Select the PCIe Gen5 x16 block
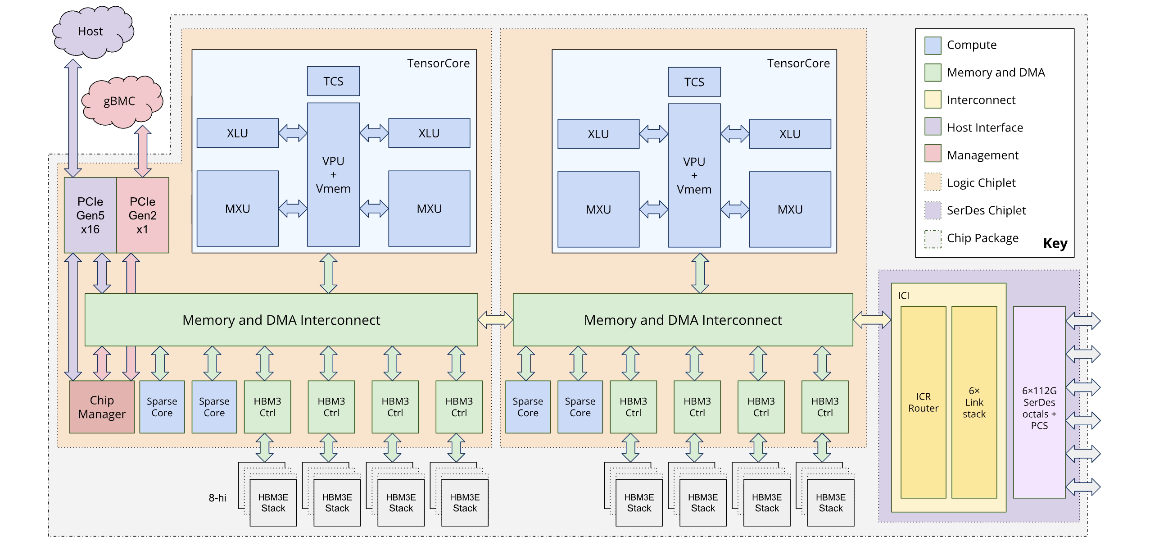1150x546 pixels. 90,215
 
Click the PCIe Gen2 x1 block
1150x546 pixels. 142,215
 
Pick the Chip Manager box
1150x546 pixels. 102,407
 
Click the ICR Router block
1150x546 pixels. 923,402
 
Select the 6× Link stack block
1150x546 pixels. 974,402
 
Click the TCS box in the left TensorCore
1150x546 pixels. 333,81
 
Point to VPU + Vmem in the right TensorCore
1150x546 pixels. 694,175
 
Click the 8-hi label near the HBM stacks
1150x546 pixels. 217,498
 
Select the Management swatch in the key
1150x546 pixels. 933,153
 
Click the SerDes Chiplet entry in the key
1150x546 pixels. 986,210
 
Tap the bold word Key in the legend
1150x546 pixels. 1055,244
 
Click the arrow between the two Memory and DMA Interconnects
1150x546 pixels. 495,320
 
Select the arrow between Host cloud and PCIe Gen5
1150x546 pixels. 73,118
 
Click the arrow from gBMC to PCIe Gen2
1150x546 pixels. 143,151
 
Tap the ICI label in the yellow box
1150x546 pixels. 903,296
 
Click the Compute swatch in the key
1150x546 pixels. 933,45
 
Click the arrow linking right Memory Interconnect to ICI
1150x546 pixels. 872,320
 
